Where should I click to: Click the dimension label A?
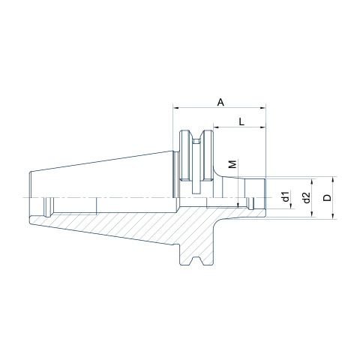[220, 102]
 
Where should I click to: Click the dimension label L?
[241, 122]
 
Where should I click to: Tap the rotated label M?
[232, 164]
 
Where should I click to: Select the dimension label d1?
[285, 196]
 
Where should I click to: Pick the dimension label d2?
[307, 197]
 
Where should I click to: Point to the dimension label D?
[327, 197]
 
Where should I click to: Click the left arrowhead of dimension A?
[175, 108]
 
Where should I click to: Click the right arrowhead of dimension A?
[262, 108]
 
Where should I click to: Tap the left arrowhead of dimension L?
[216, 127]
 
